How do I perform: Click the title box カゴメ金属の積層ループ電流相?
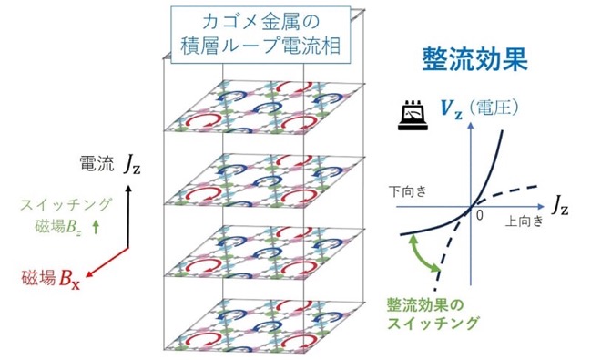point(260,35)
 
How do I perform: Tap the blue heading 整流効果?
point(474,59)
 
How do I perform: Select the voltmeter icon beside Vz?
point(413,116)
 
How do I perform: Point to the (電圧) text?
point(493,108)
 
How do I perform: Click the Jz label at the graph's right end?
point(559,206)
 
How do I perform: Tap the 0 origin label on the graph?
point(479,215)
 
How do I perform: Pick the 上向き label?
point(524,221)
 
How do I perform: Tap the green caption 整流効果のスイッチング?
point(433,314)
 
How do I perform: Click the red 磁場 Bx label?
point(51,278)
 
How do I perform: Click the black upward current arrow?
point(128,216)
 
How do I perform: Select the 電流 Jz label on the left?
point(109,165)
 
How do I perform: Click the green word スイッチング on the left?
point(66,205)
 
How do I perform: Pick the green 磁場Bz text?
point(57,227)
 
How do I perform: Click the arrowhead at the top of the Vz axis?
point(471,125)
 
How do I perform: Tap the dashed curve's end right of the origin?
point(537,186)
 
